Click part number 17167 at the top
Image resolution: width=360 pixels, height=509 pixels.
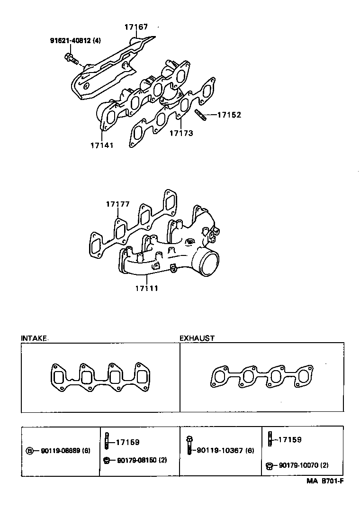pos(136,27)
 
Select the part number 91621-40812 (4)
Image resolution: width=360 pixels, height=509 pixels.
pos(75,41)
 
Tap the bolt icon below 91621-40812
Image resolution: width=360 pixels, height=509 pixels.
pos(70,58)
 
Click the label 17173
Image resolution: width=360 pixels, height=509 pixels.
pos(181,134)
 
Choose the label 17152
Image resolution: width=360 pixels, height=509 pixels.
pos(230,115)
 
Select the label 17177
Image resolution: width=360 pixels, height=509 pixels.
pos(117,204)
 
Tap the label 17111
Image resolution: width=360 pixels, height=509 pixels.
pos(146,288)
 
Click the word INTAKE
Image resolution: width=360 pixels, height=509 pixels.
pos(34,338)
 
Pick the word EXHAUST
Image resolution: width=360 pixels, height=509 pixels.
pos(197,338)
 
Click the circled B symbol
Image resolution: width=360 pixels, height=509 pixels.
pos(29,451)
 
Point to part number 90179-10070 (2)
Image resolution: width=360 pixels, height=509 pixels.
pos(303,466)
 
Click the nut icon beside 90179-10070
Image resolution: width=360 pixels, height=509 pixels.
pos(269,466)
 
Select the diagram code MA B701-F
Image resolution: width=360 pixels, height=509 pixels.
pos(324,481)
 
